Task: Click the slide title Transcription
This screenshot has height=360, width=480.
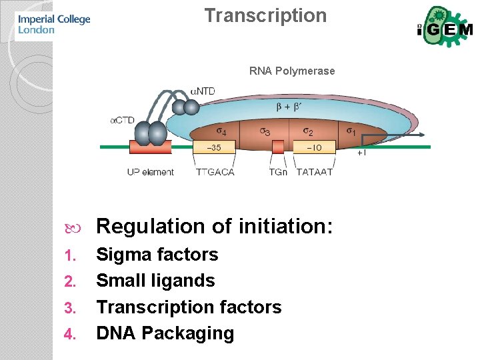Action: (265, 16)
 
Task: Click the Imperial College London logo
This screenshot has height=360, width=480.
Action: (53, 23)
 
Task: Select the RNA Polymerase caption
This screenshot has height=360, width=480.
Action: (292, 71)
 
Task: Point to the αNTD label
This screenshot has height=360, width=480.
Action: (203, 91)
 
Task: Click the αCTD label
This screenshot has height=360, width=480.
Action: (122, 120)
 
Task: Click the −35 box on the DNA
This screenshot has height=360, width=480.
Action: (214, 147)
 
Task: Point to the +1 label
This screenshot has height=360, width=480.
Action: (361, 153)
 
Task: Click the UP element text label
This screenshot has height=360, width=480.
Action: (150, 172)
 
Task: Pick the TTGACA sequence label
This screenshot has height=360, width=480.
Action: (215, 172)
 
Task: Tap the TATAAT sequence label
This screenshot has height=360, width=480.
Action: (314, 172)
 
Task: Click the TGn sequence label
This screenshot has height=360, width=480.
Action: (278, 172)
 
